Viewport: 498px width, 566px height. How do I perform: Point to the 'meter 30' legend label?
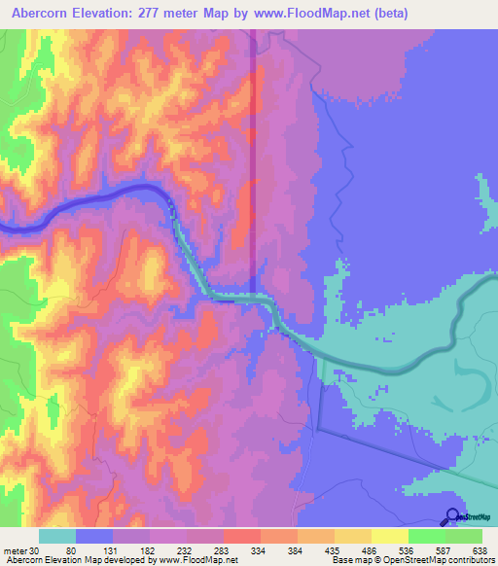(x=19, y=550)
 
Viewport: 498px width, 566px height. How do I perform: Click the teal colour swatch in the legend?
(x=57, y=536)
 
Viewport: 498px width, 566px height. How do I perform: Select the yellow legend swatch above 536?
(x=390, y=536)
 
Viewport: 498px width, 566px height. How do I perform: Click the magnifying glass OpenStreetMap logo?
(x=453, y=515)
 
